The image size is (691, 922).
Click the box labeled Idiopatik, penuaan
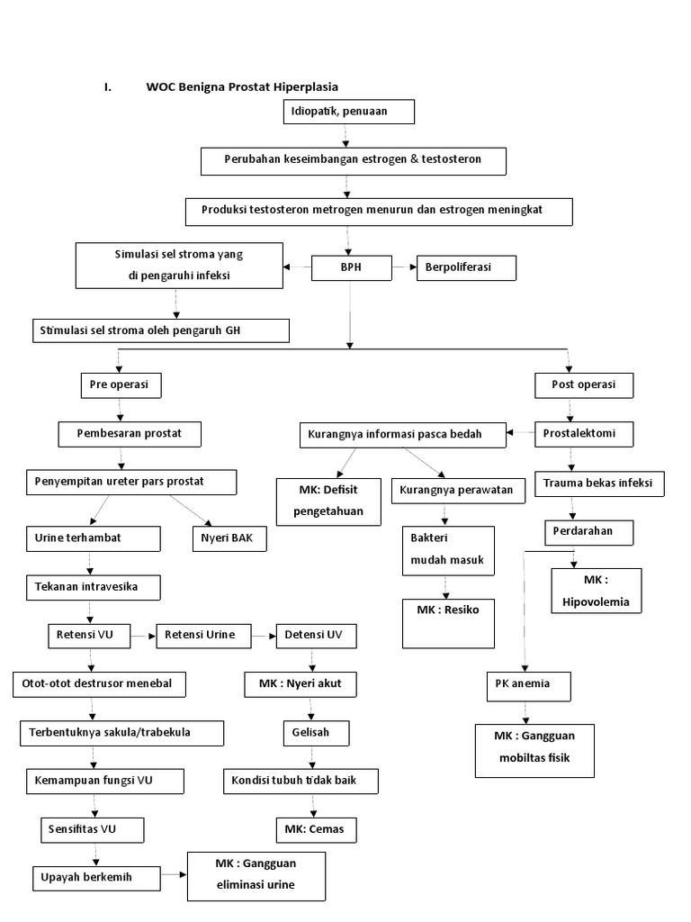348,112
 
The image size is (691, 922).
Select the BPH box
352,267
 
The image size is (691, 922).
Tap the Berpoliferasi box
466,267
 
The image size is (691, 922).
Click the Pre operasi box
121,385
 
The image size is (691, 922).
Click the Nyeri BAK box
229,538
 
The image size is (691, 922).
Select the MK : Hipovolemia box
596,590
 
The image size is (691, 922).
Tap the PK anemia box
530,684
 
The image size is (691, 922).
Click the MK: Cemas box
308,828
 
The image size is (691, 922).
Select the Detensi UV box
315,635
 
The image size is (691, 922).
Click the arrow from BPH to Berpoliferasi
405,267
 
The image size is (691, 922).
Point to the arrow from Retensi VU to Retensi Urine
143,636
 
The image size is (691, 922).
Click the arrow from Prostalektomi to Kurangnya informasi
521,435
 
